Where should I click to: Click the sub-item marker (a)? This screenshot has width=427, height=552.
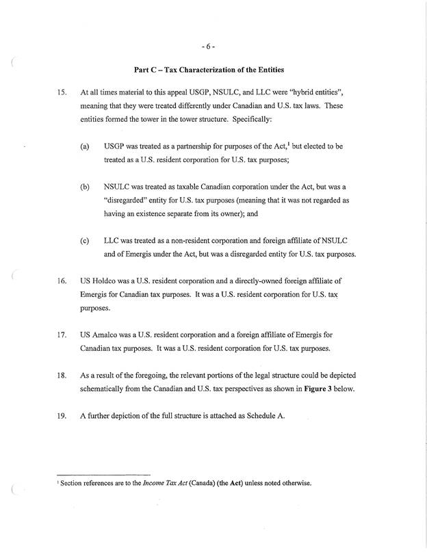pyautogui.click(x=85, y=146)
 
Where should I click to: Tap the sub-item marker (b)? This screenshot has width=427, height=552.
pyautogui.click(x=85, y=185)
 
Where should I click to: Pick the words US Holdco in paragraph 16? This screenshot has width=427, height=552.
pyautogui.click(x=100, y=281)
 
